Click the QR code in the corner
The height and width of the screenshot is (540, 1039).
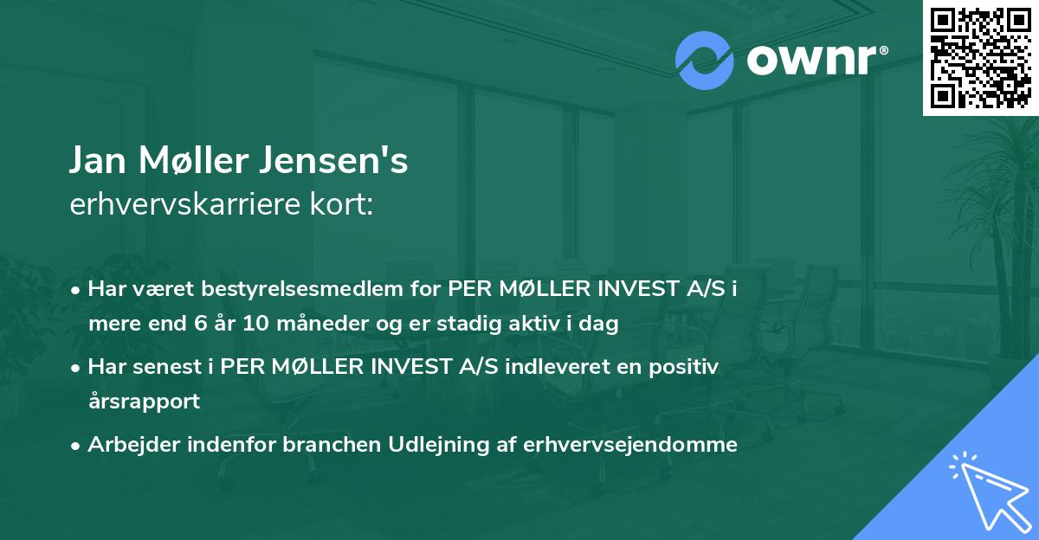pos(980,57)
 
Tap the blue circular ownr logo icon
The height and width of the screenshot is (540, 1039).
pos(704,60)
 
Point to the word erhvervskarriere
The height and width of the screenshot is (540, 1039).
pos(179,204)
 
